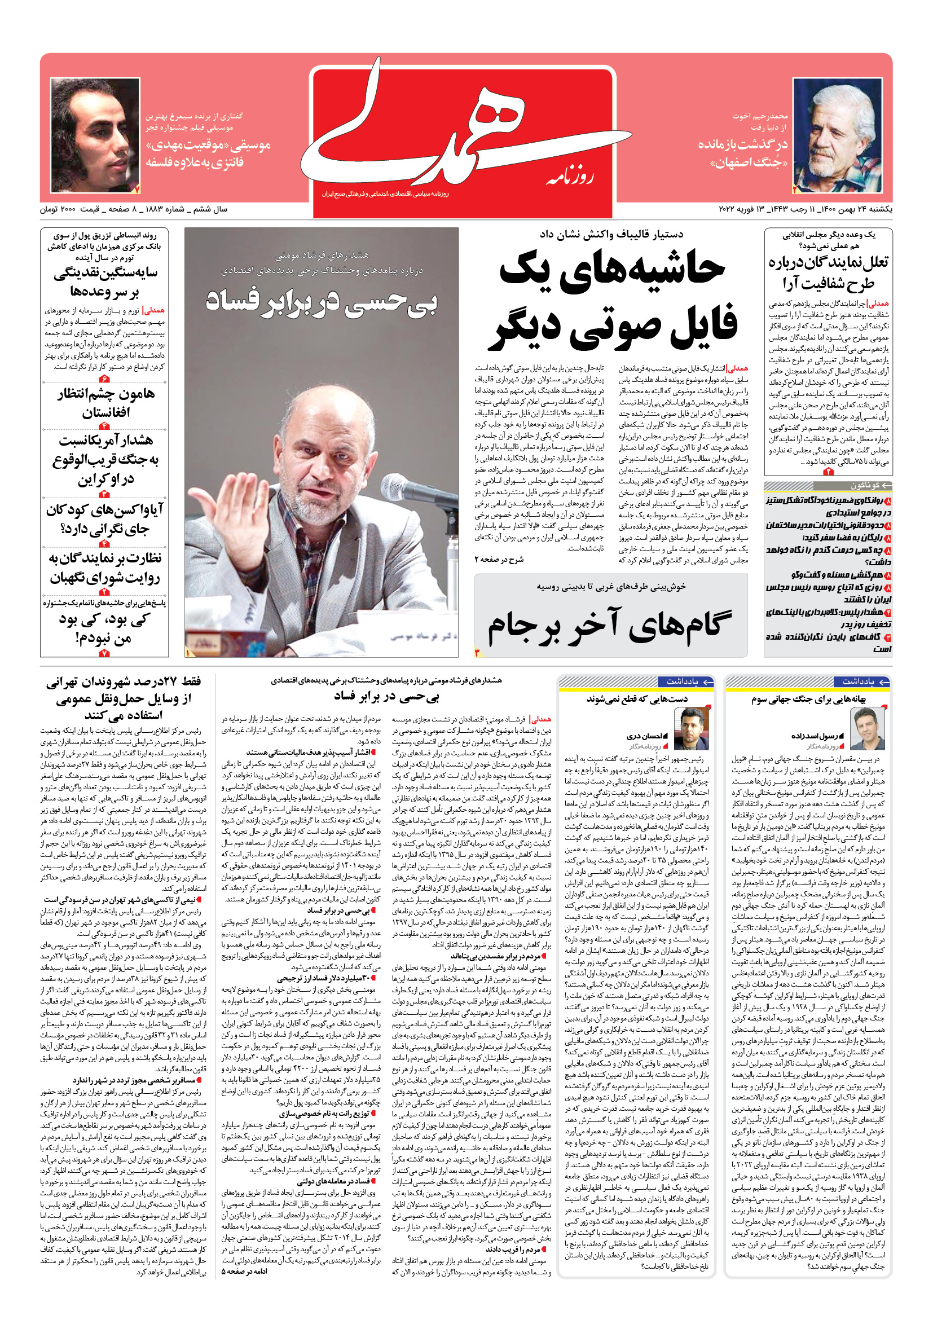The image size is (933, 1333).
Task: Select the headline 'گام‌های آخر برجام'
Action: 610,626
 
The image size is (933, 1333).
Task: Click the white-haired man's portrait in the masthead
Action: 837,136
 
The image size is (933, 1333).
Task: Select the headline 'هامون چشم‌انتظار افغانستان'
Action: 105,403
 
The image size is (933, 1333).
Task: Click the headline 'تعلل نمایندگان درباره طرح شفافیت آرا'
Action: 828,272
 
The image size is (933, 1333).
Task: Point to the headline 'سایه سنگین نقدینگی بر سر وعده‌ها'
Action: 105,281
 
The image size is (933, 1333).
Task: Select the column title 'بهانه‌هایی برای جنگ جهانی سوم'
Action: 808,699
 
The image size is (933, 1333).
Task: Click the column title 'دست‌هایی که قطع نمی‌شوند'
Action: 637,699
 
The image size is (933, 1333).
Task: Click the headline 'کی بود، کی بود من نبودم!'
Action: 104,628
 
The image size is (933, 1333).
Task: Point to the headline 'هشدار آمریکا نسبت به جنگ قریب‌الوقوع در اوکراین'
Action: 105,459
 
